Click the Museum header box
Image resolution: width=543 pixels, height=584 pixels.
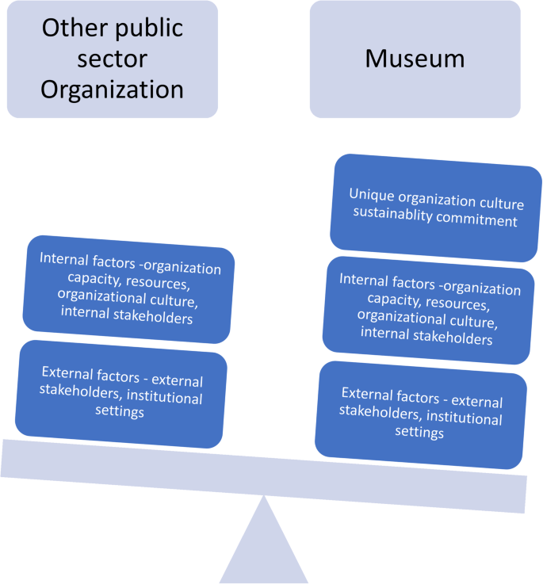point(415,59)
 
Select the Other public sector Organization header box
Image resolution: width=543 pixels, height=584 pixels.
point(112,59)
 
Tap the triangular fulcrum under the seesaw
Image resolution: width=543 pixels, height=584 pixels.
point(264,547)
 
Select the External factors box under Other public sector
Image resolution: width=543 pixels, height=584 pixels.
point(121,391)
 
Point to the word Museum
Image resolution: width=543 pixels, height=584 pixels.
point(415,59)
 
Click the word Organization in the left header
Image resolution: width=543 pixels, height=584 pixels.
point(112,89)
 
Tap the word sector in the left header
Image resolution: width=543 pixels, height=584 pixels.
point(112,59)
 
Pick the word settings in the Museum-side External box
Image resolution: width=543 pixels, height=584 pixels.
point(419,432)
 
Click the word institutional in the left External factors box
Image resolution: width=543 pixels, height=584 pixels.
point(163,398)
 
